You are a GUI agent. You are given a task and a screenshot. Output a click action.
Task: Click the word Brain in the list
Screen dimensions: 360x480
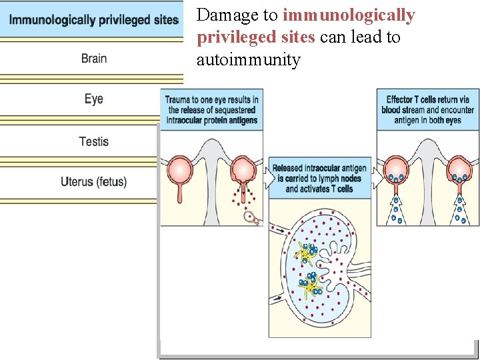coord(94,58)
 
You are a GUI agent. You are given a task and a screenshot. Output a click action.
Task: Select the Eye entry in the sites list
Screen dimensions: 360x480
coord(94,99)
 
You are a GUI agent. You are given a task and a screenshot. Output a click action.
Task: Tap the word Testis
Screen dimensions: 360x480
coord(94,141)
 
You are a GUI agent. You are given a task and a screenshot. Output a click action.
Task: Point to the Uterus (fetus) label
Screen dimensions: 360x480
coord(94,181)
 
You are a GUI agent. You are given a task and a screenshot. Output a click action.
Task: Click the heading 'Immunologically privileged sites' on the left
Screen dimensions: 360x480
coord(94,19)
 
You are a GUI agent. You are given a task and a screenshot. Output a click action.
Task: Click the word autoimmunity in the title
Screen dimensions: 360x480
coord(248,61)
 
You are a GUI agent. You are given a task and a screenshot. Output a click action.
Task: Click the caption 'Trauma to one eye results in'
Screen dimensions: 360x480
coord(212,99)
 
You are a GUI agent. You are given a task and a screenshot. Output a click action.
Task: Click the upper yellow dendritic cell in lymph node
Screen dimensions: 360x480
coord(306,253)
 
